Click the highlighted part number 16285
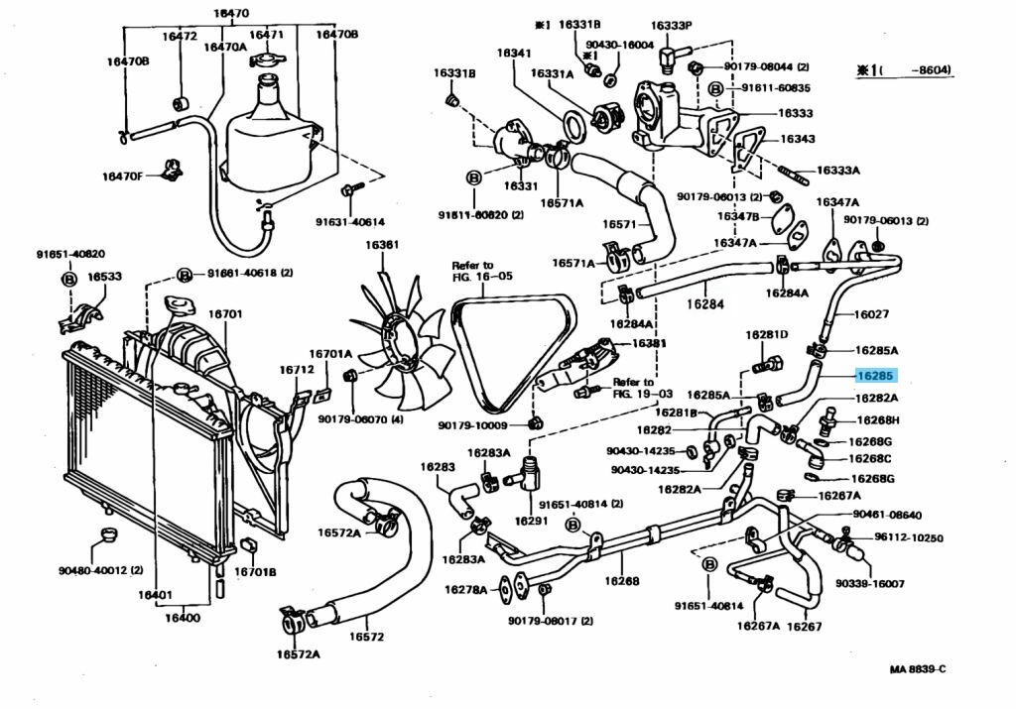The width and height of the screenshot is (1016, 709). point(876,376)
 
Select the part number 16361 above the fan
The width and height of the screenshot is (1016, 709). point(381,246)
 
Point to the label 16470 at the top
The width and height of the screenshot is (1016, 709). point(230,14)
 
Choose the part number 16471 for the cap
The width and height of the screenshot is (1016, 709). point(266,35)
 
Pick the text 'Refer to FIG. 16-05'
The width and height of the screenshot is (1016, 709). point(472,272)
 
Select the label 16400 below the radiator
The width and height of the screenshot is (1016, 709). point(183,618)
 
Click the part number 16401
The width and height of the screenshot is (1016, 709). point(156,595)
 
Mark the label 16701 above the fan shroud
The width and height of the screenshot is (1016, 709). point(225,314)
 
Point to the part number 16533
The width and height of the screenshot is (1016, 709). point(104,277)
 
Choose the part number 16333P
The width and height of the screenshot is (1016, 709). point(672,25)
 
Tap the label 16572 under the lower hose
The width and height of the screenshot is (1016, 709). point(367,637)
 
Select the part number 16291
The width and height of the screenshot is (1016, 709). point(531,520)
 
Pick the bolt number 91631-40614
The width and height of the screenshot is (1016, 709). point(349,222)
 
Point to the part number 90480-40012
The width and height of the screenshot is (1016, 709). point(100,570)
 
